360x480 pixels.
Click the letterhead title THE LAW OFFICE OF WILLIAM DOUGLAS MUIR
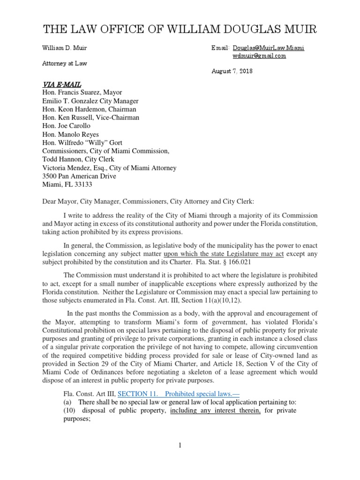tap(180, 30)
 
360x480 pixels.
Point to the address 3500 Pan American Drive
tap(79, 176)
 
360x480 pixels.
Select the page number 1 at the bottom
tap(180, 445)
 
